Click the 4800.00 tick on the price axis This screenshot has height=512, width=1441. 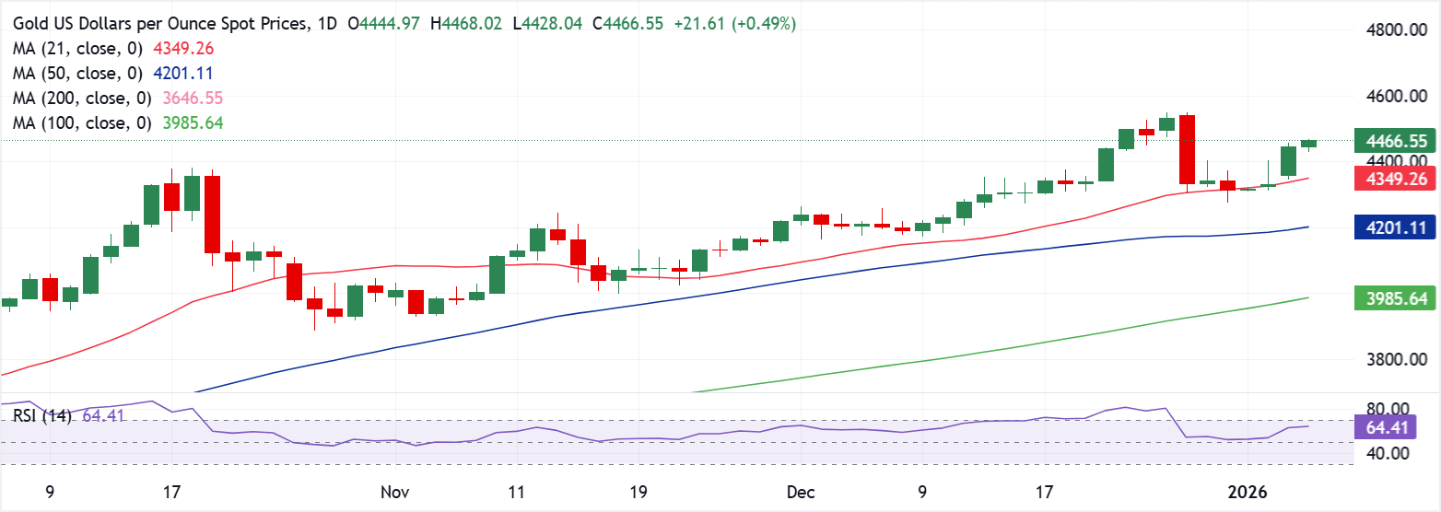[1396, 30]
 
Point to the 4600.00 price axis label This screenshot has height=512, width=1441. [1396, 97]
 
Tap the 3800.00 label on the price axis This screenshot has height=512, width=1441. [1396, 360]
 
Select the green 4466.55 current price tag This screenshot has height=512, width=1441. [1396, 142]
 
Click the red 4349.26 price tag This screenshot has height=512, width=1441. [1396, 180]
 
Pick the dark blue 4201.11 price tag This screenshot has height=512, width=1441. [1396, 227]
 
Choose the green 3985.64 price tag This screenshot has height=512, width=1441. [1396, 298]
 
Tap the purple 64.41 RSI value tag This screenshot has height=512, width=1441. [1396, 427]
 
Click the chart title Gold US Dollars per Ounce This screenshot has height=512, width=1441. [157, 24]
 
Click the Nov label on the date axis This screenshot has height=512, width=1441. [395, 493]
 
